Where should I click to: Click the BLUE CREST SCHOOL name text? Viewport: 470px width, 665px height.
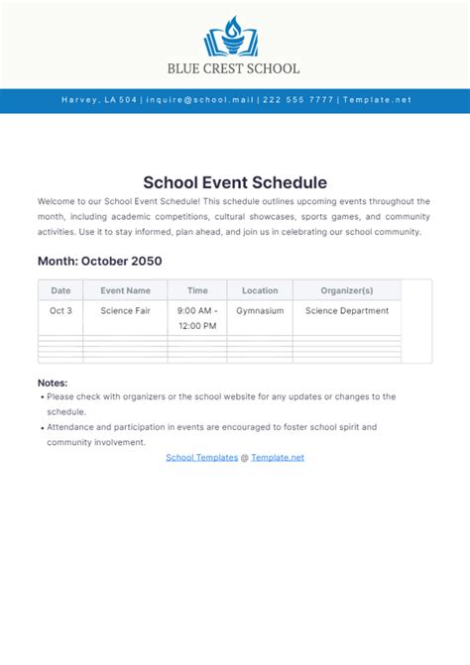click(x=234, y=68)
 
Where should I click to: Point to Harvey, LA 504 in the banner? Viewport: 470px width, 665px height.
click(x=99, y=100)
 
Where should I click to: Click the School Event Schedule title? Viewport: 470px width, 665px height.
click(x=235, y=182)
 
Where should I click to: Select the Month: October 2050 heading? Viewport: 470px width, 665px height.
click(x=99, y=262)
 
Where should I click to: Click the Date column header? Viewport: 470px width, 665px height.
click(x=60, y=290)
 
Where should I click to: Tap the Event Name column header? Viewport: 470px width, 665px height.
click(x=125, y=290)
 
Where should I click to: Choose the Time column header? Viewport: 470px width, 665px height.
click(x=197, y=290)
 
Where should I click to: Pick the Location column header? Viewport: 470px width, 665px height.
click(x=260, y=290)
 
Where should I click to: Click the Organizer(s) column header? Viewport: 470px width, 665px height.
click(x=347, y=290)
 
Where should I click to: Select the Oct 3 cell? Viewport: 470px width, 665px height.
click(x=60, y=310)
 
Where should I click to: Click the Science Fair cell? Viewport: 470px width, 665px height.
click(x=125, y=310)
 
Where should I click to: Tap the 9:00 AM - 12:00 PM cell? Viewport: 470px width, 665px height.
click(x=197, y=317)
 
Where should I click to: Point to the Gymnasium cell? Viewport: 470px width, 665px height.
click(x=260, y=310)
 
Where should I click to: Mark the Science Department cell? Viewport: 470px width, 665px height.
click(x=347, y=310)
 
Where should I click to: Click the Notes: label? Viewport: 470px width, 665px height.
click(x=53, y=383)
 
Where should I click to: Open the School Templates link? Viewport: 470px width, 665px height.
click(x=201, y=457)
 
